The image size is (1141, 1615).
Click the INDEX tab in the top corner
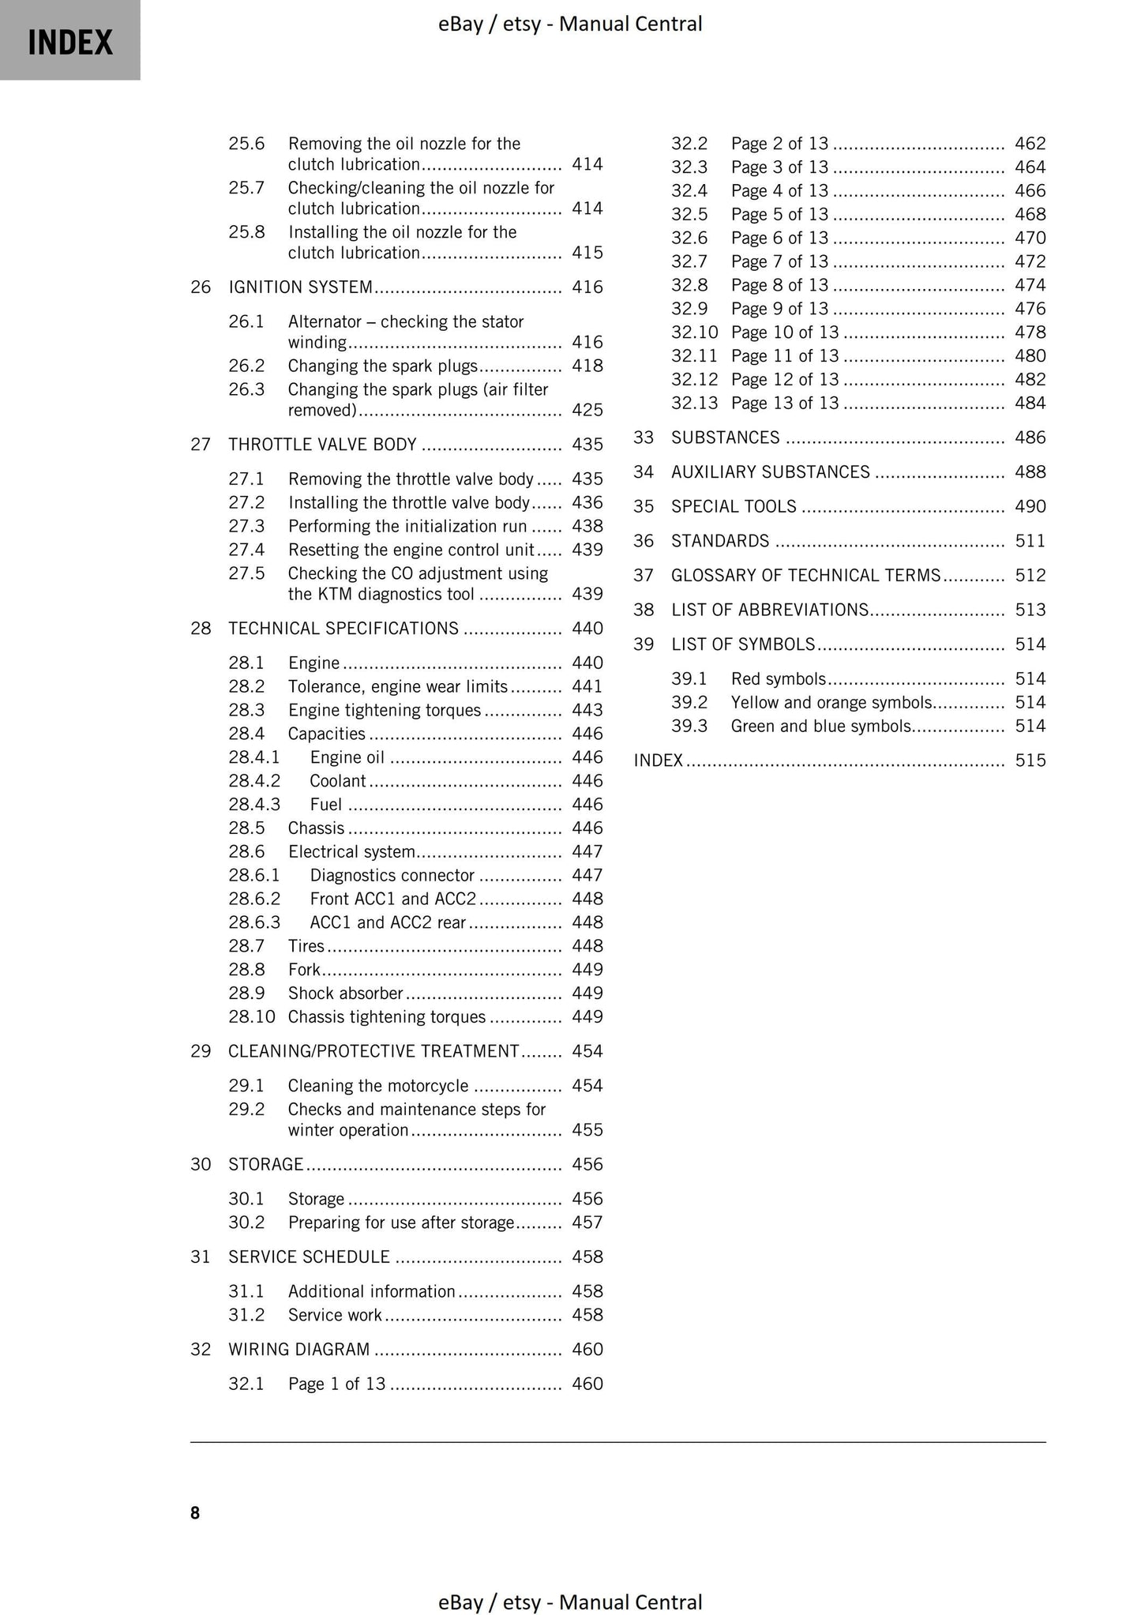[69, 41]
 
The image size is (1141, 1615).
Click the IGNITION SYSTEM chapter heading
[300, 287]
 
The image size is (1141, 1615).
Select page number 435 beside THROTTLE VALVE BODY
[587, 445]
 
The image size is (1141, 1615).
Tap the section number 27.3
[246, 526]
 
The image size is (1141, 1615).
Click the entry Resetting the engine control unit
[411, 550]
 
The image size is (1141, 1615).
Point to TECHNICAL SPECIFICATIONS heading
[343, 629]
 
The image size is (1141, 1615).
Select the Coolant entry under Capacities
[338, 781]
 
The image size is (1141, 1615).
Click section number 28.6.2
[254, 899]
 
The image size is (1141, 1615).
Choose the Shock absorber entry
[345, 993]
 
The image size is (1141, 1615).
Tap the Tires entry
[306, 946]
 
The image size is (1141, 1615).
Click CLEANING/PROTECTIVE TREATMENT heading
[373, 1051]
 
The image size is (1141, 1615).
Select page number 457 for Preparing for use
[587, 1223]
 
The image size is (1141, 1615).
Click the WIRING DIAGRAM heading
[298, 1350]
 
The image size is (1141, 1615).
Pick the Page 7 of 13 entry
[779, 261]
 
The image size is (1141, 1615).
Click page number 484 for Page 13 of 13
[1030, 404]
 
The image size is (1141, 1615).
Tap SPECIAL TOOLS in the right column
[734, 506]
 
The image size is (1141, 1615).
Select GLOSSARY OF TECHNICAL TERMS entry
[805, 576]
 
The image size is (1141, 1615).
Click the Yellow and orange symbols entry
[831, 703]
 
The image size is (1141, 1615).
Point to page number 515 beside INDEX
[1030, 761]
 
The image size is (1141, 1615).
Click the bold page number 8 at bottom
[195, 1512]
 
